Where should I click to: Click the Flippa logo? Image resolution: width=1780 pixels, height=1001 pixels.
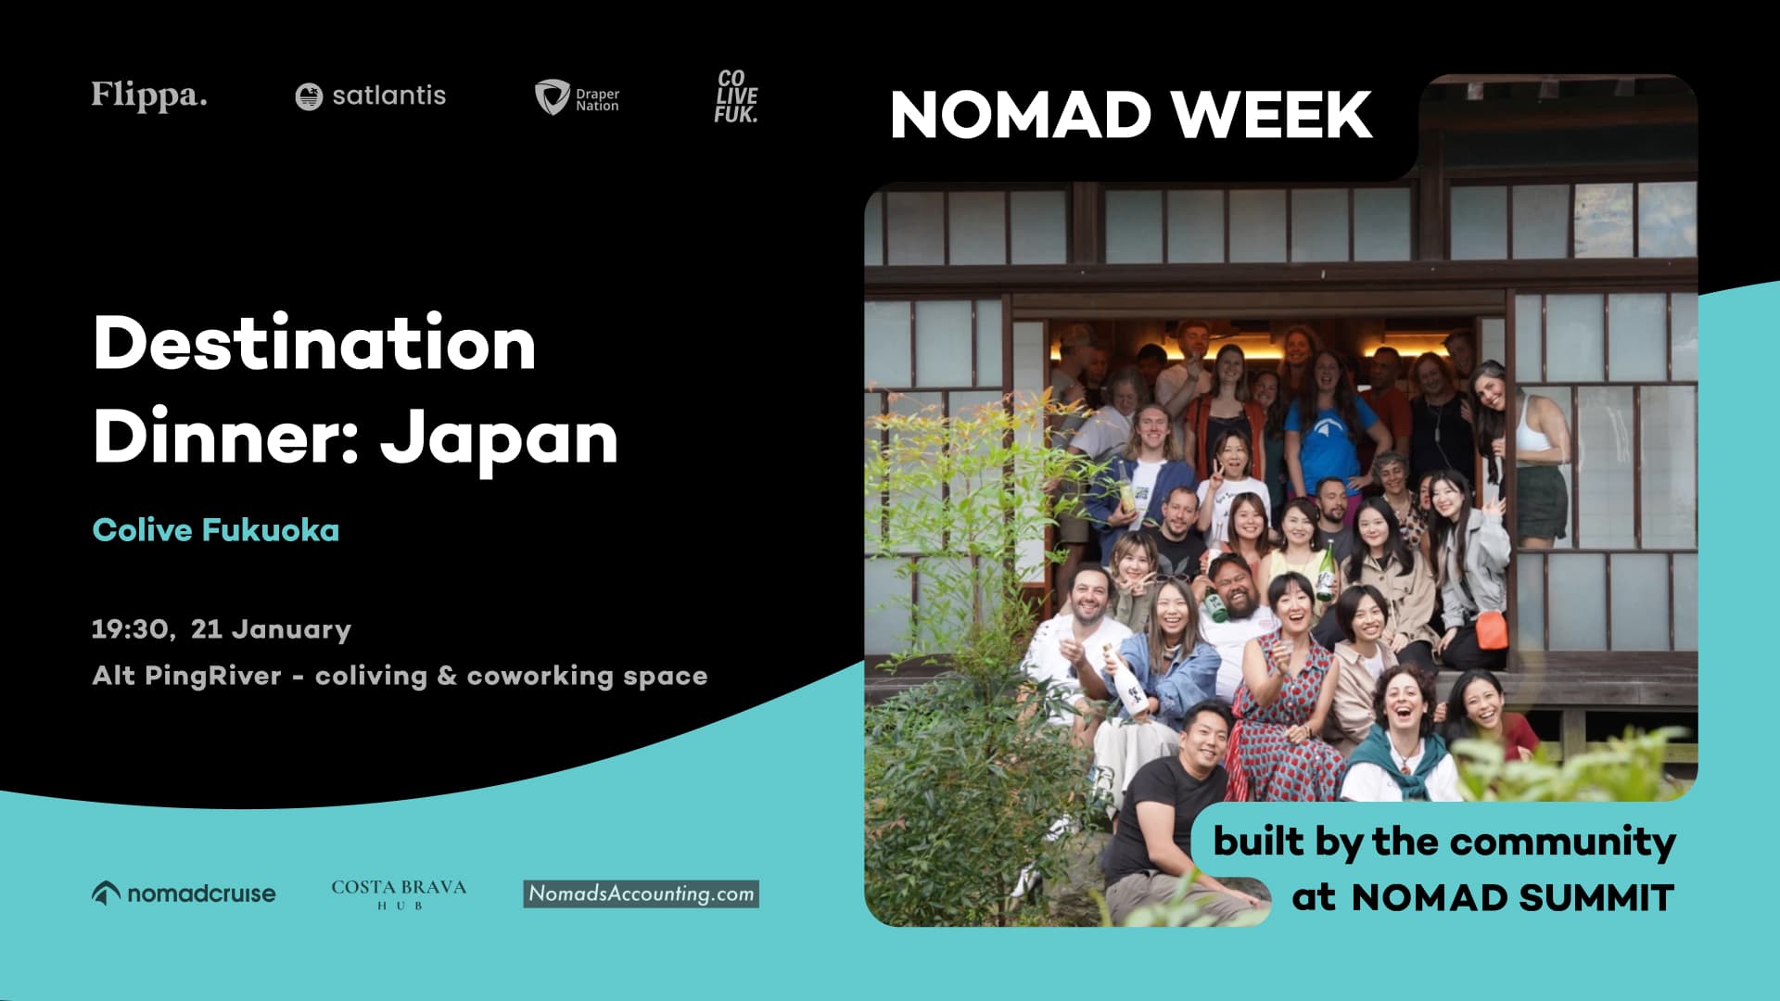(148, 95)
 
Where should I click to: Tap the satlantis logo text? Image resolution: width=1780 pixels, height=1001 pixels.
(388, 95)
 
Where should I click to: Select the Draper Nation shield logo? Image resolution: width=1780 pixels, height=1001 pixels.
(552, 96)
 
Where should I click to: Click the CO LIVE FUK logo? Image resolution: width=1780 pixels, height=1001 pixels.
(736, 96)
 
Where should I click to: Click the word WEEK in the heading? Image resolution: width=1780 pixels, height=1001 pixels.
(1271, 115)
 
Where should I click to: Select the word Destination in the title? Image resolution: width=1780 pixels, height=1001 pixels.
(314, 343)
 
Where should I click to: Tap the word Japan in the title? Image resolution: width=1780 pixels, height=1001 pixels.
(499, 437)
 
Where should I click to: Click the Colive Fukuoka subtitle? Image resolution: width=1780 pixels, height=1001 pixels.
(216, 530)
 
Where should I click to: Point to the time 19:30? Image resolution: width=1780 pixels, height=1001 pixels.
(130, 629)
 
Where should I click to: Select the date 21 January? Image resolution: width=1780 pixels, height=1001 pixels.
(271, 629)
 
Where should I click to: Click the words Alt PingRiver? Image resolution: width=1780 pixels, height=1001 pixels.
(186, 676)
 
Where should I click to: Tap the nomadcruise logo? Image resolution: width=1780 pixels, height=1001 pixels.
(184, 893)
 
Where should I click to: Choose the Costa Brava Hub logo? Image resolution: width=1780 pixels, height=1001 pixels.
(399, 893)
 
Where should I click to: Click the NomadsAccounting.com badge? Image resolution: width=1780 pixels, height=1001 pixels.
(641, 893)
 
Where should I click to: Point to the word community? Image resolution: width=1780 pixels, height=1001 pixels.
(1562, 842)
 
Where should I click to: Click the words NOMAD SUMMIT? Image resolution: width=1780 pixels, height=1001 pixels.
(1512, 897)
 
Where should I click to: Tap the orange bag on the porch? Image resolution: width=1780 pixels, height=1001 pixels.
(1492, 630)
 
